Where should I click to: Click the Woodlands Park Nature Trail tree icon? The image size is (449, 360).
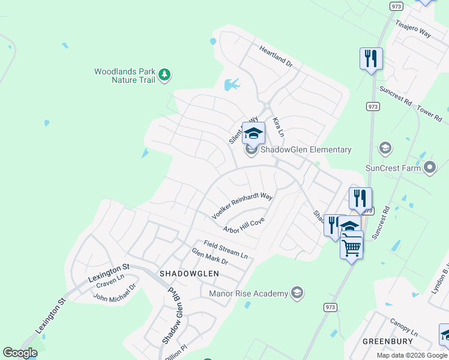pyautogui.click(x=164, y=76)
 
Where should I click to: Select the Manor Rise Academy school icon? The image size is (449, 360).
pyautogui.click(x=296, y=293)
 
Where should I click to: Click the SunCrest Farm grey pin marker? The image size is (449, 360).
pyautogui.click(x=429, y=168)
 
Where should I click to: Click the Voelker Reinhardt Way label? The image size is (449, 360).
pyautogui.click(x=243, y=205)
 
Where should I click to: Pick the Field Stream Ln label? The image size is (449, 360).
pyautogui.click(x=225, y=248)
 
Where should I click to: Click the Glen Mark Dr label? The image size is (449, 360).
pyautogui.click(x=209, y=257)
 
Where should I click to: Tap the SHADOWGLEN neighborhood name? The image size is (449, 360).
pyautogui.click(x=189, y=273)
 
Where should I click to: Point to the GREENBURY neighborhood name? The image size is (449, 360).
pyautogui.click(x=388, y=341)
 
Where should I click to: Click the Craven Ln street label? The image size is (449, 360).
pyautogui.click(x=109, y=277)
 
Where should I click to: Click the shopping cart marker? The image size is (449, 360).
pyautogui.click(x=351, y=245)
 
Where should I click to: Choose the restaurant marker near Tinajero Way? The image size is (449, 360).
pyautogui.click(x=371, y=59)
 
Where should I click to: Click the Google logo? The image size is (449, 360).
pyautogui.click(x=20, y=353)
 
